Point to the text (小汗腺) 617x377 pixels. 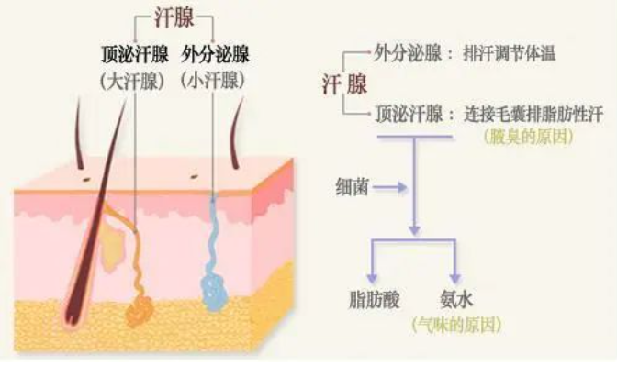pyautogui.click(x=216, y=81)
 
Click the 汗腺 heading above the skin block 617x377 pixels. pyautogui.click(x=174, y=18)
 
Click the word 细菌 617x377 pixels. pyautogui.click(x=353, y=187)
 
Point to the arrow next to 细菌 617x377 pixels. pyautogui.click(x=390, y=187)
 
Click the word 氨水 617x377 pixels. pyautogui.click(x=455, y=298)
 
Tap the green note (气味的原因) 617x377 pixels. pyautogui.click(x=455, y=323)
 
